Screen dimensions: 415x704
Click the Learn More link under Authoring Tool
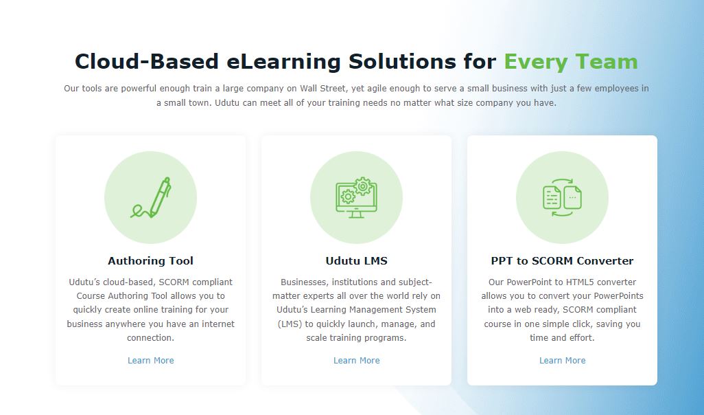pos(150,361)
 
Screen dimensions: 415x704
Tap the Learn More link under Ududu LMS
pos(356,361)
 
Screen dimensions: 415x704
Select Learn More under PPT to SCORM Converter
pos(562,361)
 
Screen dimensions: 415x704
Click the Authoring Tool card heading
pos(150,261)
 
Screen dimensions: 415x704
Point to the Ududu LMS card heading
pos(356,261)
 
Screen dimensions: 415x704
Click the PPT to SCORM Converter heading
pos(562,261)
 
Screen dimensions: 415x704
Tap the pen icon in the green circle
pos(151,198)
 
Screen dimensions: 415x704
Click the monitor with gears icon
pos(356,198)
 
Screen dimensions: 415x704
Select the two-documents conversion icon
pos(562,198)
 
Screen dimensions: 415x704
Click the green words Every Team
pos(571,62)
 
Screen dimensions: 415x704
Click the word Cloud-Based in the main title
pos(146,62)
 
